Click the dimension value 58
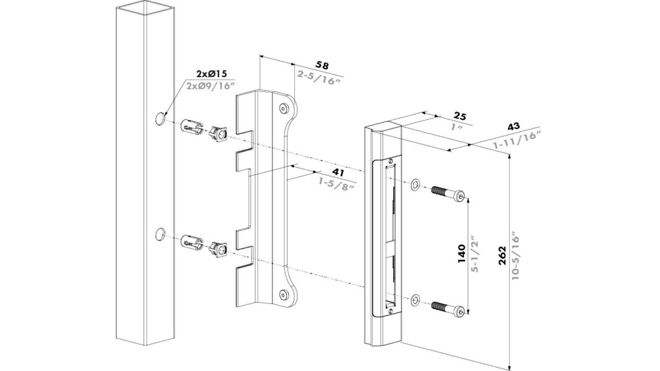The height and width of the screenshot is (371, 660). click(x=322, y=65)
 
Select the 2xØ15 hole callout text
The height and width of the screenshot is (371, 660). click(x=212, y=74)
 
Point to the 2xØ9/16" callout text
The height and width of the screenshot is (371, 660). click(x=210, y=86)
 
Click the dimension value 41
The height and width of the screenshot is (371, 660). click(x=338, y=172)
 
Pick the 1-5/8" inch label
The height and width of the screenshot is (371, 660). click(x=336, y=186)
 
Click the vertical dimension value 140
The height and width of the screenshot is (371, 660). click(x=462, y=254)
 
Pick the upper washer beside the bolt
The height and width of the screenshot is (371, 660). click(x=415, y=184)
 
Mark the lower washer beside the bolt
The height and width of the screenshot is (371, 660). click(x=415, y=300)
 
